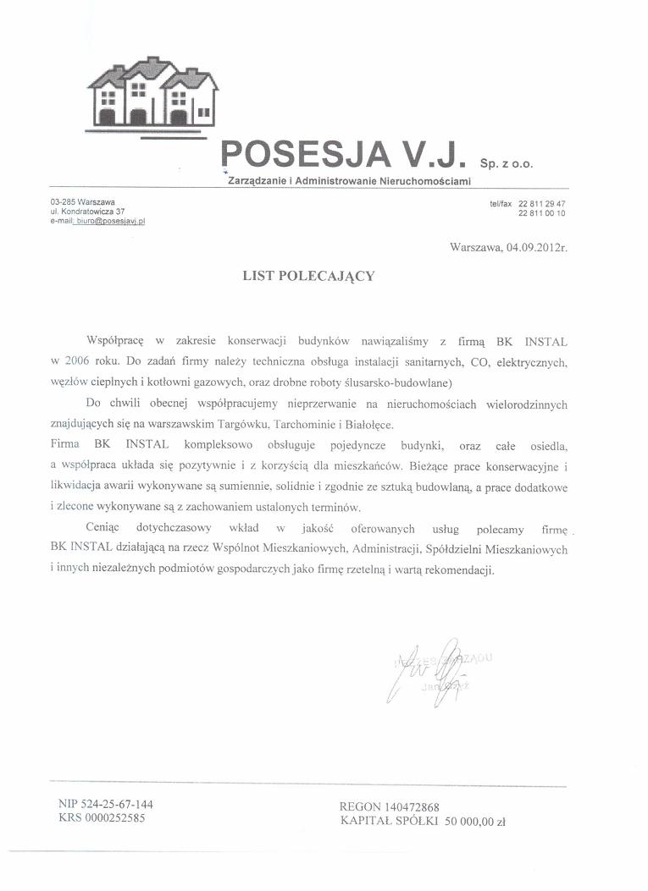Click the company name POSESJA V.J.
343,156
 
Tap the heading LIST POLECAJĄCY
308,275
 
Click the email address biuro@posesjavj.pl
110,220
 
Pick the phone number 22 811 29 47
542,204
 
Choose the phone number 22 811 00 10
542,213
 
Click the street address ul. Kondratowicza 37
88,211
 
